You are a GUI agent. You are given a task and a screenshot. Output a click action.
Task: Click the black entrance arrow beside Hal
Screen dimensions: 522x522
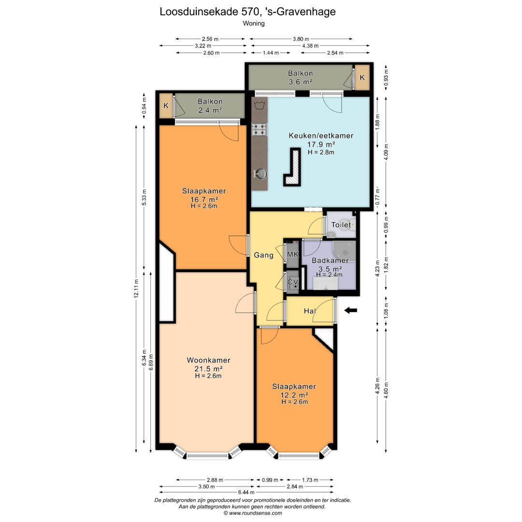350,310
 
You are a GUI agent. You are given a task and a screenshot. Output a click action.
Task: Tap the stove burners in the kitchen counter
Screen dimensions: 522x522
260,130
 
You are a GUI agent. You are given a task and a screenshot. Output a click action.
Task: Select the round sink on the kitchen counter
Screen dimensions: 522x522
261,174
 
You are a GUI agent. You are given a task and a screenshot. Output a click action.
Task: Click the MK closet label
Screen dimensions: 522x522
293,254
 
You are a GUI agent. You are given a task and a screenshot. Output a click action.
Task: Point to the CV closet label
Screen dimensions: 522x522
292,282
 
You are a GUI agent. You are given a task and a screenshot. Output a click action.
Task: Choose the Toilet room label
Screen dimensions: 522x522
341,225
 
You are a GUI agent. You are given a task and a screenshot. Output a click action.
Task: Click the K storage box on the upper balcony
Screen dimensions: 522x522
362,77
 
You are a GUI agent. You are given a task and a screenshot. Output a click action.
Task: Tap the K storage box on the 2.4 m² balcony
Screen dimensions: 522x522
166,106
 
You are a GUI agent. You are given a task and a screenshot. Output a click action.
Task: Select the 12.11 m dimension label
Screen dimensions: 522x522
136,289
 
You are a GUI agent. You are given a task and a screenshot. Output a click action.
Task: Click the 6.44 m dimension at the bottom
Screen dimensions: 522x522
246,492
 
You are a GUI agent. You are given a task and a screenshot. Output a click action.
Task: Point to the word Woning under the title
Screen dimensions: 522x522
254,23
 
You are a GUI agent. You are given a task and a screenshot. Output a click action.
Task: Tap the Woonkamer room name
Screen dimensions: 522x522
208,360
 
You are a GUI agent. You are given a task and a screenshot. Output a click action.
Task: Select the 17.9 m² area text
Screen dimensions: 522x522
321,145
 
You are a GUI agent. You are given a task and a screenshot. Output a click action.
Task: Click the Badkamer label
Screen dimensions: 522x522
330,261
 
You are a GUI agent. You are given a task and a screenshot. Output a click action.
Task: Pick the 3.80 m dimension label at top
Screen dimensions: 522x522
301,39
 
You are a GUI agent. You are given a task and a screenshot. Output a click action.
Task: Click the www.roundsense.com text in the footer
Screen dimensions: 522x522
256,513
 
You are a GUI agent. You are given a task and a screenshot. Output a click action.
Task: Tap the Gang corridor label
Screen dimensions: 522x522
264,255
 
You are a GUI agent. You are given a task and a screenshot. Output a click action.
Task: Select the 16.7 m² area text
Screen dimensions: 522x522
204,200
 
